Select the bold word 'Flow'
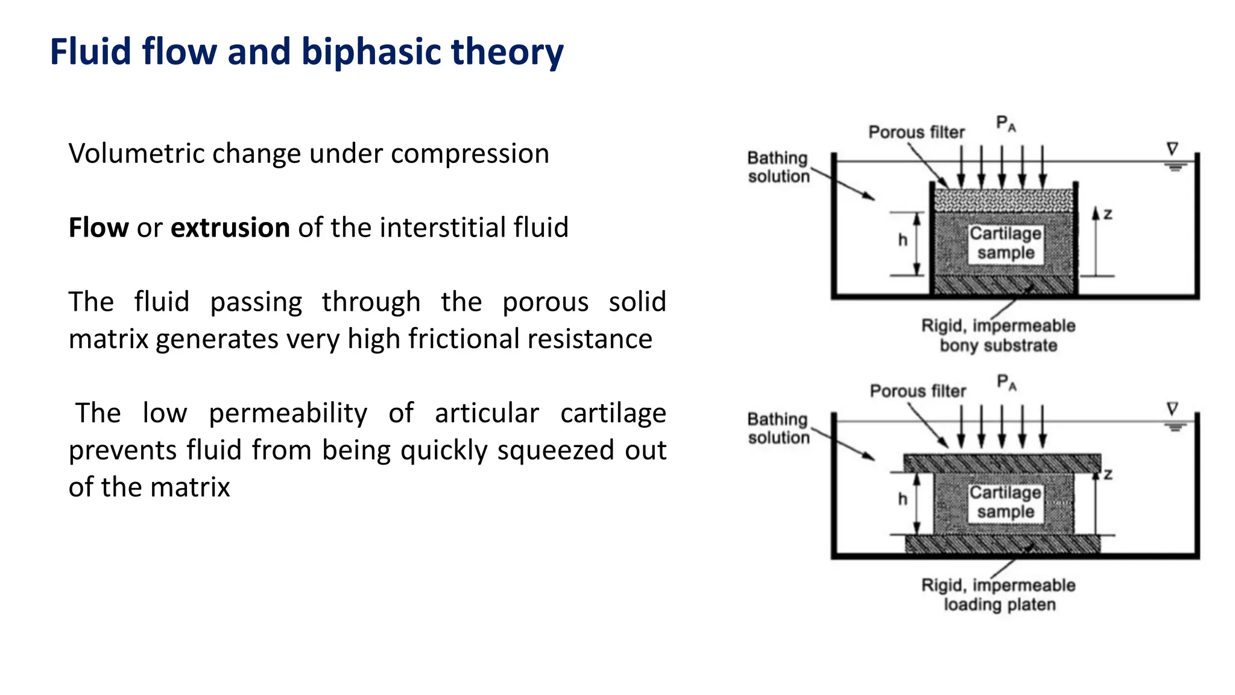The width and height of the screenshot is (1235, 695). pyautogui.click(x=98, y=228)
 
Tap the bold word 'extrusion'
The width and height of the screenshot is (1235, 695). pyautogui.click(x=230, y=228)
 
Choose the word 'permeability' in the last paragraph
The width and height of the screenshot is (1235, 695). pyautogui.click(x=288, y=414)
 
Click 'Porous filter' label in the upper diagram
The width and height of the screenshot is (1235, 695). pyautogui.click(x=916, y=132)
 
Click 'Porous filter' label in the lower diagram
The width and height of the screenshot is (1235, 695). pyautogui.click(x=917, y=391)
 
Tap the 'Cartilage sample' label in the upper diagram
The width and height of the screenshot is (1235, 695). pyautogui.click(x=1005, y=243)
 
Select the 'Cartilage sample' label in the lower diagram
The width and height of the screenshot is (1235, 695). pyautogui.click(x=1005, y=502)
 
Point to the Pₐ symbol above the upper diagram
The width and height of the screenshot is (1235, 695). pyautogui.click(x=1005, y=124)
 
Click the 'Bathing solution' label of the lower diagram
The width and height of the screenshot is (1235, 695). pyautogui.click(x=778, y=428)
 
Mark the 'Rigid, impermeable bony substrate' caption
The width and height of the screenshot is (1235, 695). pyautogui.click(x=998, y=335)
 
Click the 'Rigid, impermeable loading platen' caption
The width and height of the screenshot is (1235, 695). pyautogui.click(x=999, y=595)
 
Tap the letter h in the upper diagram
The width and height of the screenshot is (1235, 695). pyautogui.click(x=902, y=240)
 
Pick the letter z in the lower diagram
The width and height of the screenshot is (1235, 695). pyautogui.click(x=1108, y=475)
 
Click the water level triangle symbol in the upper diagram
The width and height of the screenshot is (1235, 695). pyautogui.click(x=1172, y=148)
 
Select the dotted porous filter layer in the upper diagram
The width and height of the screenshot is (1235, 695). pyautogui.click(x=1003, y=200)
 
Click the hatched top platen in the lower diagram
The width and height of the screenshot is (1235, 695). pyautogui.click(x=1002, y=463)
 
